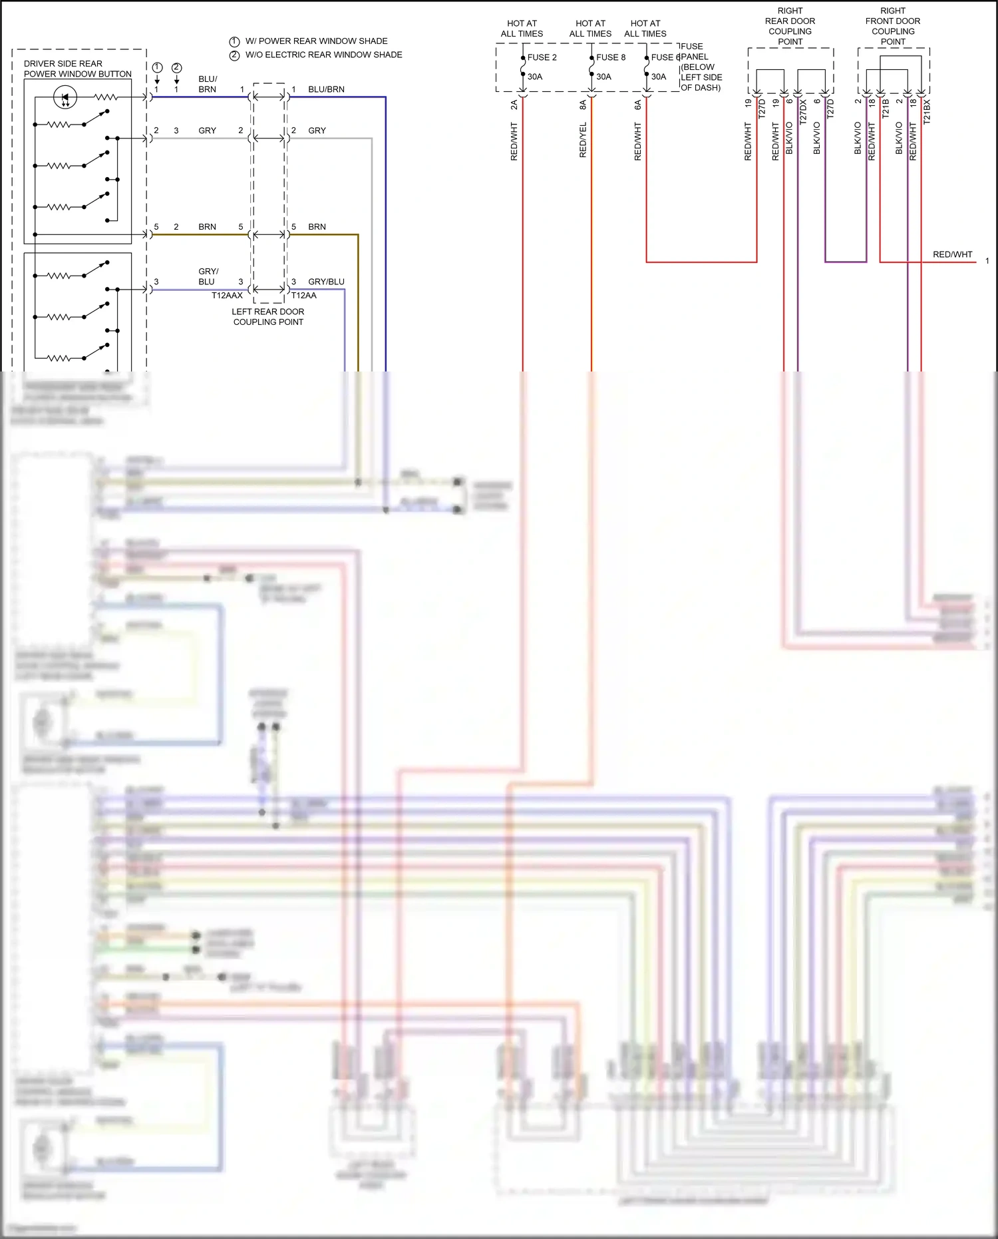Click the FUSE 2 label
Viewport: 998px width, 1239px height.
coord(542,57)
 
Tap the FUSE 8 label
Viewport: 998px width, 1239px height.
coord(610,57)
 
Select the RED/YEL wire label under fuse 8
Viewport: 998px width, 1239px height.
coord(583,140)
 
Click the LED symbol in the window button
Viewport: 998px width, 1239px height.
coord(65,98)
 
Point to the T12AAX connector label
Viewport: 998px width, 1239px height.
coord(227,296)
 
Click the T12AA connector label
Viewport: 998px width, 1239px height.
coord(304,296)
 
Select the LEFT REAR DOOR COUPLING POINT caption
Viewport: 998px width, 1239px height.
coord(268,317)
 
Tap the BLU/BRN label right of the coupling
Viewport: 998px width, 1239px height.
coord(326,89)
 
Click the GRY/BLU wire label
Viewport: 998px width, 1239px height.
coord(326,282)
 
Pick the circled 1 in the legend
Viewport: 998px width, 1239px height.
coord(234,41)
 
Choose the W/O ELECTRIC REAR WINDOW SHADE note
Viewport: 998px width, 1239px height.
coord(323,55)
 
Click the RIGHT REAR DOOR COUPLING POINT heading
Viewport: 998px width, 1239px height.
coord(790,27)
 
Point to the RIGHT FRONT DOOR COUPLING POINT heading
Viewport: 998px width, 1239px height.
coord(893,27)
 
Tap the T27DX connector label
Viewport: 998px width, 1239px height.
coord(803,111)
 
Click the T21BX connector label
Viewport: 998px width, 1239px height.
coord(927,111)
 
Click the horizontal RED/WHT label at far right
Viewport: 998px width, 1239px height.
coord(952,254)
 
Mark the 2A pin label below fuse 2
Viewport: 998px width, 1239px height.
coord(514,105)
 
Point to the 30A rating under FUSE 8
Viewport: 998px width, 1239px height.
coord(603,77)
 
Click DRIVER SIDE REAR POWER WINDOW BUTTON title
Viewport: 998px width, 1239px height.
coord(77,69)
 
